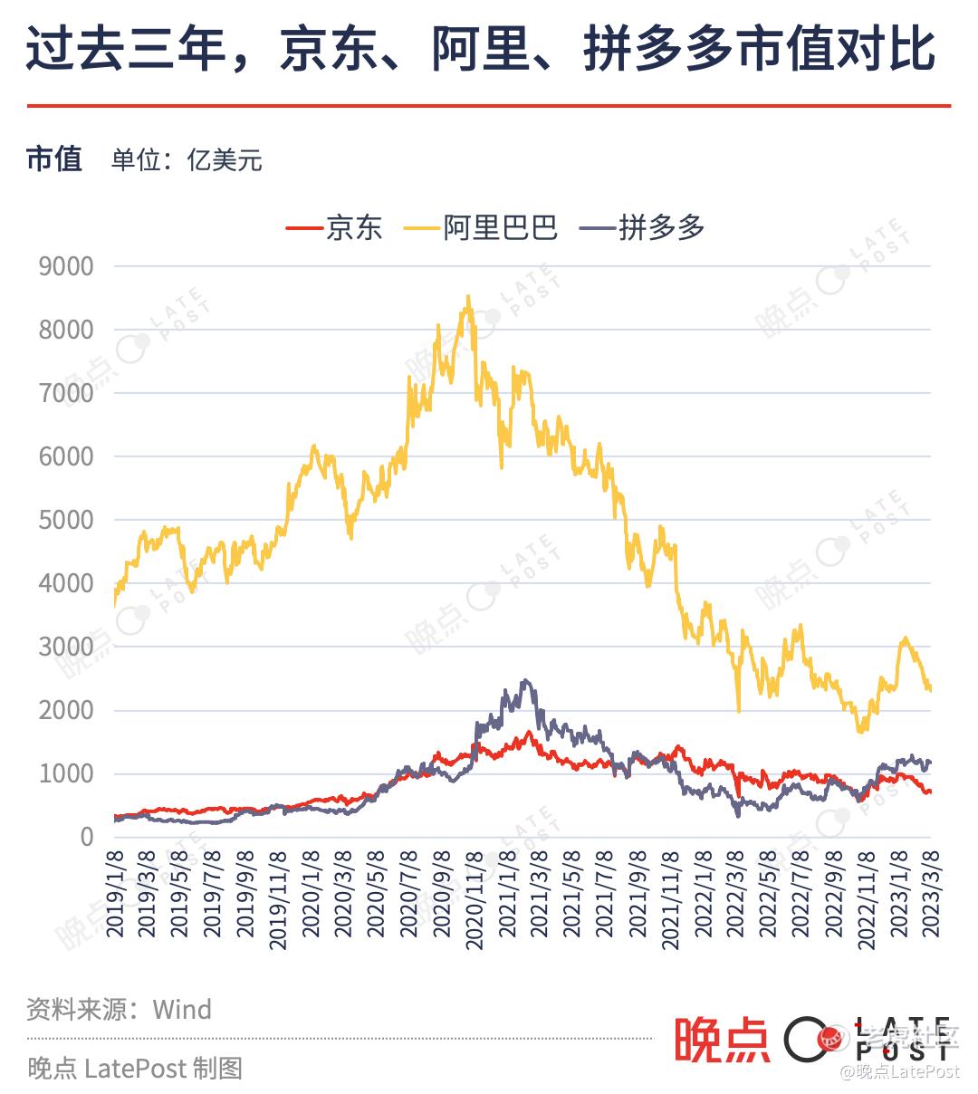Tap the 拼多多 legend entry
(x=661, y=227)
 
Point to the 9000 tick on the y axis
(x=66, y=266)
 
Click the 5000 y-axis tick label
(x=66, y=520)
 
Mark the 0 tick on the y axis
(x=86, y=837)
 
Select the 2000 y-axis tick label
(x=66, y=710)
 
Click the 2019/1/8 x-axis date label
(x=115, y=898)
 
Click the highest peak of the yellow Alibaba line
(x=467, y=297)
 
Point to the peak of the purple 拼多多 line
(x=525, y=681)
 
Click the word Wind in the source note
(x=182, y=1009)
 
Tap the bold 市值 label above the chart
(x=54, y=158)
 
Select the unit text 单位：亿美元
(x=187, y=160)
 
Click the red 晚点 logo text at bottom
(x=722, y=1040)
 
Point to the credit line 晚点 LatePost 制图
(x=135, y=1069)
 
